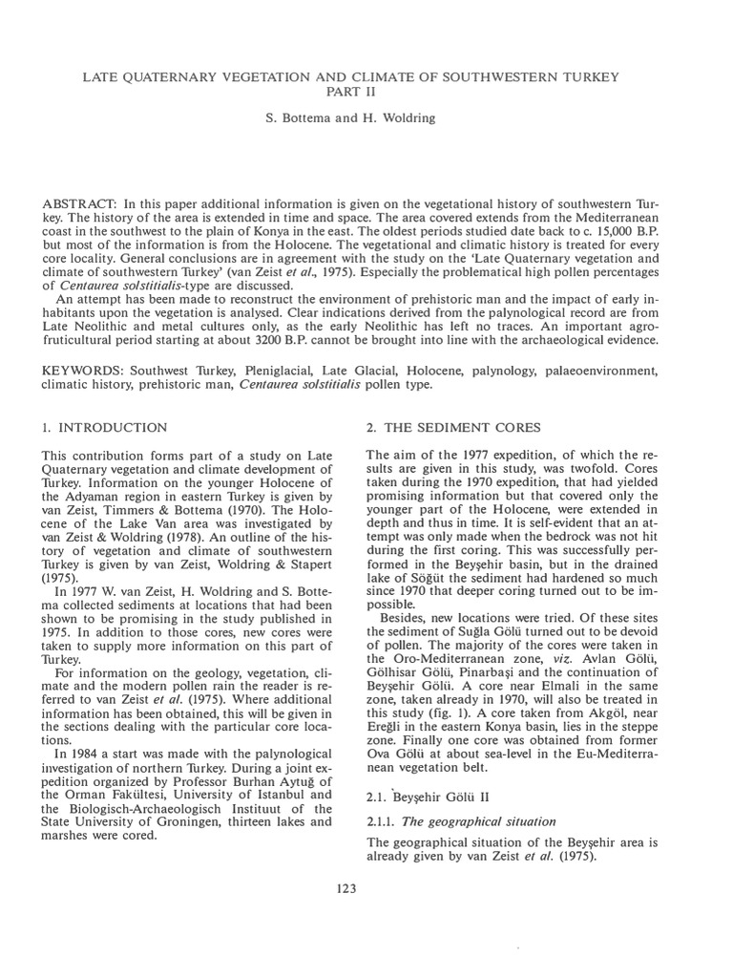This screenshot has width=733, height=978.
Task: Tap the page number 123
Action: tap(346, 888)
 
